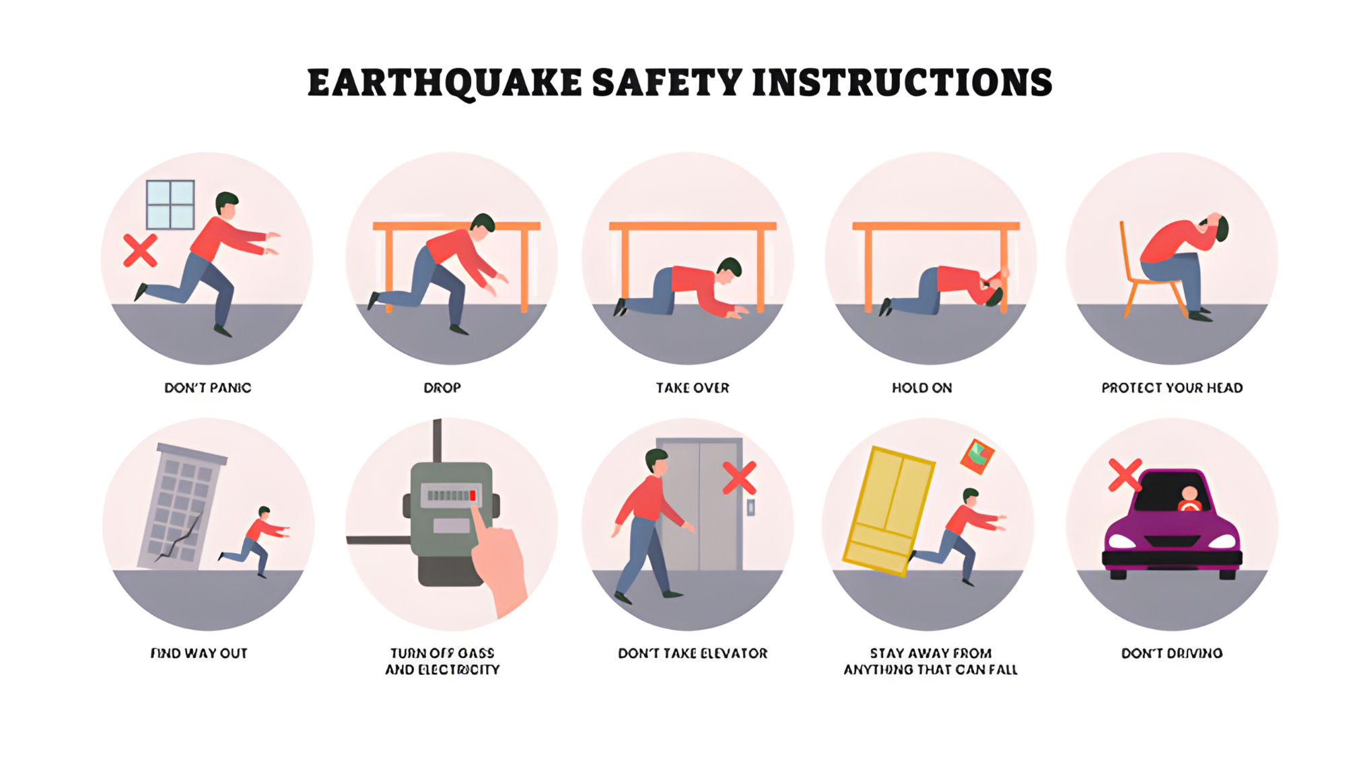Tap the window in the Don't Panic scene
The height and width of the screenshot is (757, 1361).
click(170, 205)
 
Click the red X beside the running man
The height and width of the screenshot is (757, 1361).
click(140, 250)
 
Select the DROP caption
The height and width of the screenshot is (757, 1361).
click(442, 388)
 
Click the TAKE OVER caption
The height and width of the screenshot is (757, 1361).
click(693, 388)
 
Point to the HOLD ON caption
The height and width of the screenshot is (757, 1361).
click(921, 388)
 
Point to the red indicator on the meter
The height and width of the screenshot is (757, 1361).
click(473, 496)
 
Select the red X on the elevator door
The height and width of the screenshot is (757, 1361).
click(739, 478)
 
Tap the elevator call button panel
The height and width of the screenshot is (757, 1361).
click(751, 507)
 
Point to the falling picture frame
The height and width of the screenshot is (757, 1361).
click(977, 456)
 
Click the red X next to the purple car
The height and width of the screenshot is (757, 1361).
click(1125, 474)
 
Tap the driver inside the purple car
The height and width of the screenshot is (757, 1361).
click(1189, 499)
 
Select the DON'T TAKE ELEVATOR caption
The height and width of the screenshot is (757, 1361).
click(693, 653)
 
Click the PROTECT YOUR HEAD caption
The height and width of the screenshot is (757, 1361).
click(1172, 388)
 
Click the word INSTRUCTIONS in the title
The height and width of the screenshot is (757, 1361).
click(902, 83)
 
